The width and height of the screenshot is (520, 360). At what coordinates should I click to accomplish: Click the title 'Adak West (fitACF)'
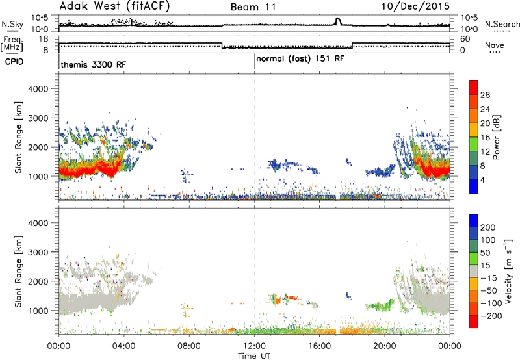point(114,6)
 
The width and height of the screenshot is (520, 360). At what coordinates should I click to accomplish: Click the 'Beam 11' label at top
point(253,7)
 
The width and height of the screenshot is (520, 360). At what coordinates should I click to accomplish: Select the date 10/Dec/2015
point(415,6)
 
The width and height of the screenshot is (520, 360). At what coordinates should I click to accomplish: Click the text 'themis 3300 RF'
point(94,64)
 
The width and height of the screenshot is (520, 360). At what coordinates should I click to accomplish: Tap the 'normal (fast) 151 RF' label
point(300,59)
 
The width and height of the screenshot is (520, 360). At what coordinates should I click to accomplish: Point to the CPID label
point(14,62)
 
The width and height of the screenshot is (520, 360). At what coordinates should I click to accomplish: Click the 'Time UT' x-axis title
point(254,355)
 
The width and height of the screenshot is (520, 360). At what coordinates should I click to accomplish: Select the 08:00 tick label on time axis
point(189,346)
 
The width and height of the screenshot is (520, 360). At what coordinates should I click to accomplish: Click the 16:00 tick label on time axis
point(319,346)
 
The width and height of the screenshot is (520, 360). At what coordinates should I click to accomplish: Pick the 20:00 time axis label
point(385,346)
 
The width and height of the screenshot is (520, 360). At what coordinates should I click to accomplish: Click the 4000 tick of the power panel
point(38,89)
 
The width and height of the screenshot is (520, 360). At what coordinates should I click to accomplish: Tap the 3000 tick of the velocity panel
point(38,252)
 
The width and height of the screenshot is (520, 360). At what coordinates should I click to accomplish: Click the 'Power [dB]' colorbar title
point(497,137)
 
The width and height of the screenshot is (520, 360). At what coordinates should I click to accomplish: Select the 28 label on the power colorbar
point(485,95)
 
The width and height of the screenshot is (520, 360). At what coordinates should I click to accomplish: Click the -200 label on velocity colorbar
point(491,316)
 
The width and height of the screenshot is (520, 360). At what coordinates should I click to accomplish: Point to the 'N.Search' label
point(502,24)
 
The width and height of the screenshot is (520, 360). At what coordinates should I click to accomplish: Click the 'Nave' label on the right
point(495,45)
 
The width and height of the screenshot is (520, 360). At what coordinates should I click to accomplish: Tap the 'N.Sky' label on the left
point(12,24)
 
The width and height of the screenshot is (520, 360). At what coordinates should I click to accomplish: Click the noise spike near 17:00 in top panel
point(338,21)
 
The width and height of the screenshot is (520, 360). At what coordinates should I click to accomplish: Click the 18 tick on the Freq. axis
point(44,39)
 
